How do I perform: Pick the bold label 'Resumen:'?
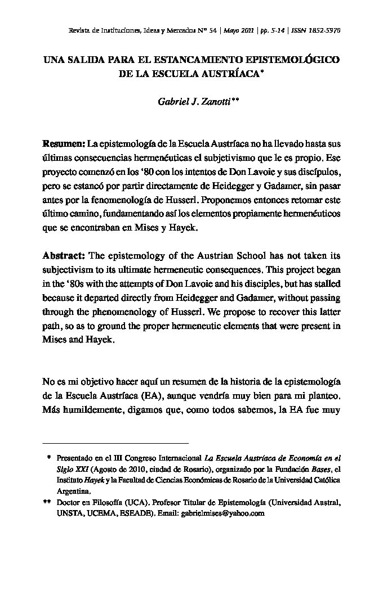pos(64,144)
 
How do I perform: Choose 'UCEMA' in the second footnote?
pos(103,513)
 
